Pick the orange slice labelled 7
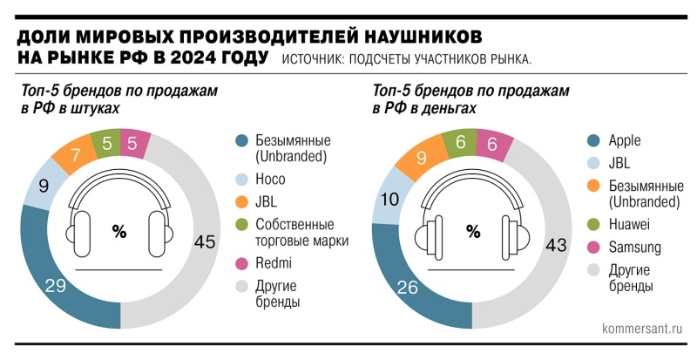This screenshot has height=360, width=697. [76, 155]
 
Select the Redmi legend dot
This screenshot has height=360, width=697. [242, 263]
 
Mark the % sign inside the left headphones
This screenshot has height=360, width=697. [119, 231]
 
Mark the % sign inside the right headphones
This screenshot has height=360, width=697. [473, 231]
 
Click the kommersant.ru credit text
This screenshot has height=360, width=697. [642, 330]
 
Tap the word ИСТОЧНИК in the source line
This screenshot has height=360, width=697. [312, 60]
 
